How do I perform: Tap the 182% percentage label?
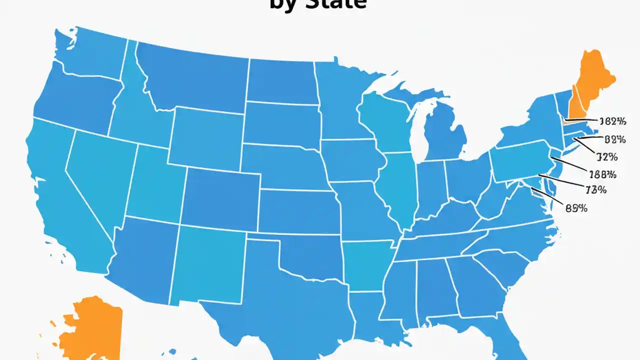(x=612, y=121)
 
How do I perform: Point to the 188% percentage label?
(x=603, y=174)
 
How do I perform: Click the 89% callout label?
(x=576, y=209)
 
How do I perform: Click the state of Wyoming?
(x=205, y=137)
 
